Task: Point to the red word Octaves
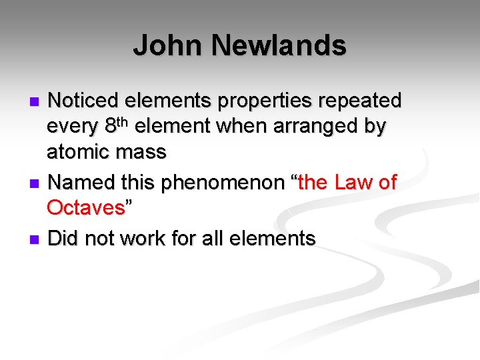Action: click(86, 208)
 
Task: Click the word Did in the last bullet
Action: click(63, 238)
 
